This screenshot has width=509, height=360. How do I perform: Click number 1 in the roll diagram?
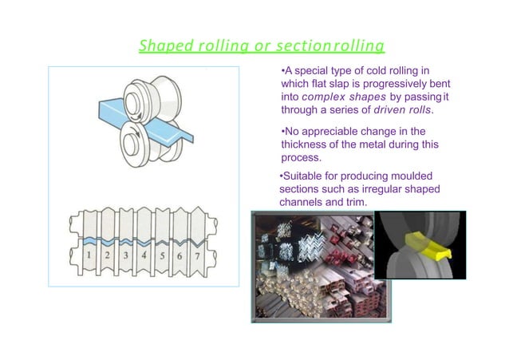click(89, 255)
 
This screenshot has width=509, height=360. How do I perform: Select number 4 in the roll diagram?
click(144, 255)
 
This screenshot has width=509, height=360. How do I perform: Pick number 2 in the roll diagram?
click(107, 255)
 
